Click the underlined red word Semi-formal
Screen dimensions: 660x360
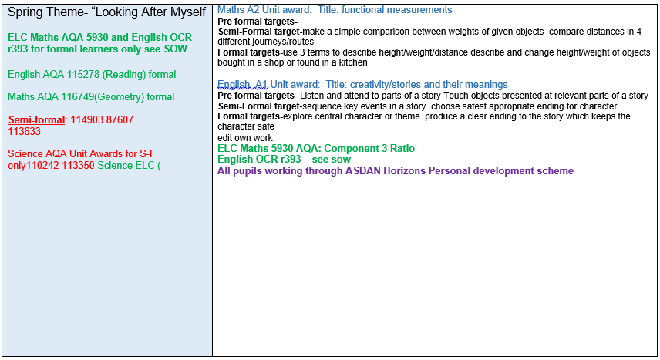[36, 120]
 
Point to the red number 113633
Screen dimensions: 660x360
[25, 131]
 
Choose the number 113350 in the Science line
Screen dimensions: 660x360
[79, 166]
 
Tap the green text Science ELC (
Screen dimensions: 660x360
[130, 166]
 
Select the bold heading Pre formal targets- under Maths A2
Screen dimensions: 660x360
[258, 22]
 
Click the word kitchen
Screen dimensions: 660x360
[353, 62]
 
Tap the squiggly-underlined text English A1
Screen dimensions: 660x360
[242, 85]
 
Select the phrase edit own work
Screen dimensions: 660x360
[245, 138]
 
